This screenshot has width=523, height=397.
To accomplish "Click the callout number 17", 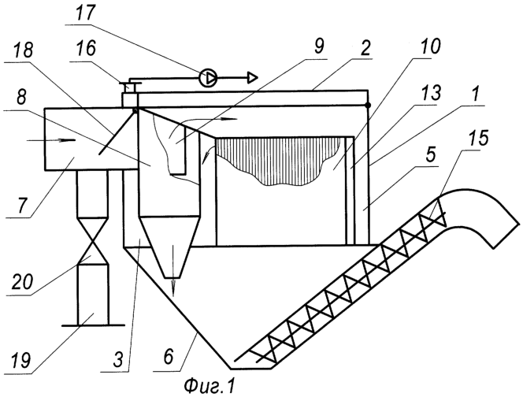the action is coord(86,13).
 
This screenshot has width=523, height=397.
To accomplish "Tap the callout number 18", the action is coord(24,50).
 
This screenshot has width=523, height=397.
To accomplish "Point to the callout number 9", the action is coord(318,46).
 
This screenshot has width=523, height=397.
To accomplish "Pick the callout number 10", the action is coord(430,46).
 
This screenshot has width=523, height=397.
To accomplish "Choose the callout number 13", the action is coord(431,93).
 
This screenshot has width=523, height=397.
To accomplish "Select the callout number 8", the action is coord(21,98).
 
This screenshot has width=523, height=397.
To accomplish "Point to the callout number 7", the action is coord(21,205).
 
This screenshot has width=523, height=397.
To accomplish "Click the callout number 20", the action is coord(23,282).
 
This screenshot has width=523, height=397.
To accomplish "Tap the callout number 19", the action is coord(21,360).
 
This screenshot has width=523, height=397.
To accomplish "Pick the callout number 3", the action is coord(117,359).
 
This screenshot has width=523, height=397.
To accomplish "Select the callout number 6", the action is coord(169,358).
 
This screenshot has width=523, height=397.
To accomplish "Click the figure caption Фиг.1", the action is coord(210,387).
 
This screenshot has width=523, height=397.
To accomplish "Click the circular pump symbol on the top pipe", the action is coord(208,78).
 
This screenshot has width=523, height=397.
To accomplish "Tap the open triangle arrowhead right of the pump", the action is coord(253,78).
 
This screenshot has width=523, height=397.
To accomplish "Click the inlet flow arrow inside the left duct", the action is coord(51,140).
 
